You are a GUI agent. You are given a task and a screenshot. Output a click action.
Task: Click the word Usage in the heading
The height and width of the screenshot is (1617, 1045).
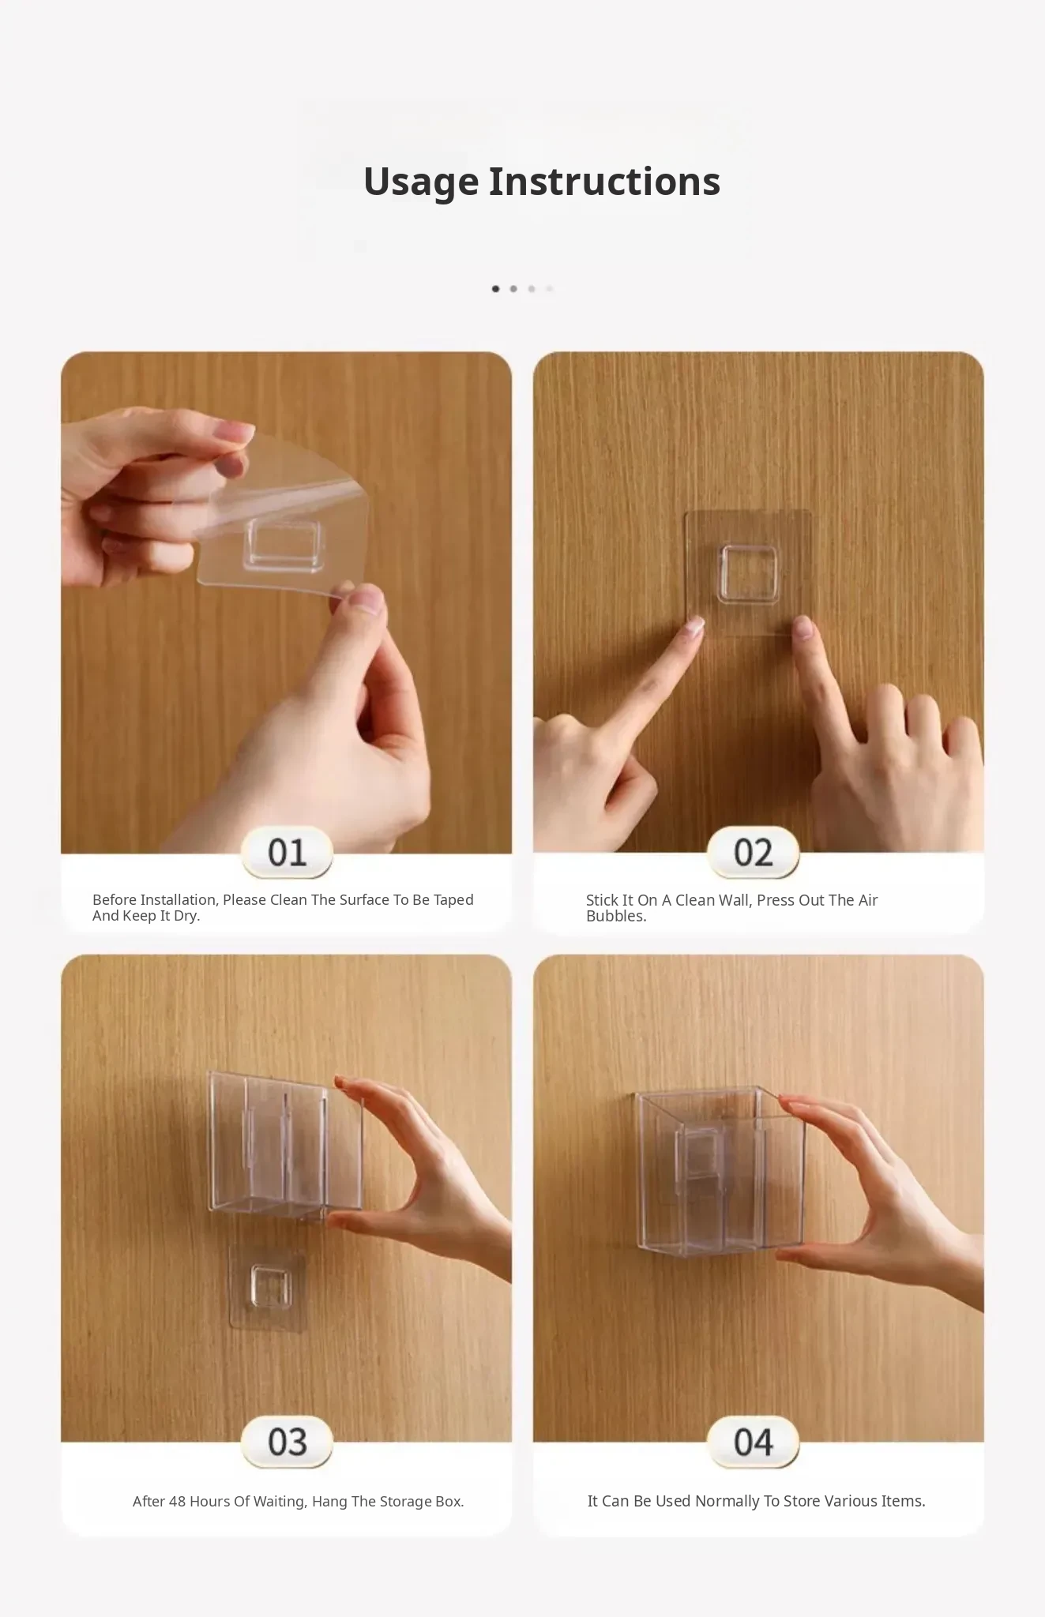[x=421, y=183]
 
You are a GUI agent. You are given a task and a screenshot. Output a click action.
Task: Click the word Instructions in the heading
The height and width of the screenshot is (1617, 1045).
[x=604, y=182]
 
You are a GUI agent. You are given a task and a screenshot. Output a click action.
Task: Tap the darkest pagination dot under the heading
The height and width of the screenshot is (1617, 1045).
[x=495, y=289]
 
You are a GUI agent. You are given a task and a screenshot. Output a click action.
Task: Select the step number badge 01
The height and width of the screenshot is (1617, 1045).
[x=287, y=853]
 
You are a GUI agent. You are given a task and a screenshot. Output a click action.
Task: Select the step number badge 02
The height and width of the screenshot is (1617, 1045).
[x=753, y=853]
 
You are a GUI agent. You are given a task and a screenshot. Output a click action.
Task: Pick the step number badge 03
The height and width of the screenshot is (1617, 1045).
[x=287, y=1443]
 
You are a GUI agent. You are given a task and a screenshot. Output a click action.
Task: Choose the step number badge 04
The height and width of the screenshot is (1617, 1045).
[x=753, y=1443]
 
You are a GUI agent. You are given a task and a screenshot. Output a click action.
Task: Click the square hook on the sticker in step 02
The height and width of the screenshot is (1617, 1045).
[x=747, y=575]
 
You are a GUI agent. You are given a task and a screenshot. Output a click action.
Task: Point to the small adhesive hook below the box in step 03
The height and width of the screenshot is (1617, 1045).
[x=267, y=1288]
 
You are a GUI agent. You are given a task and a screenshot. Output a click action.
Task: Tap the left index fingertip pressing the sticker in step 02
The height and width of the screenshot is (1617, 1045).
[x=694, y=628]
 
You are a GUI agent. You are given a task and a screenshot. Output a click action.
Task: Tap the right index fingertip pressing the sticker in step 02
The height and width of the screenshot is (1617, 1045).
[x=803, y=628]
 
